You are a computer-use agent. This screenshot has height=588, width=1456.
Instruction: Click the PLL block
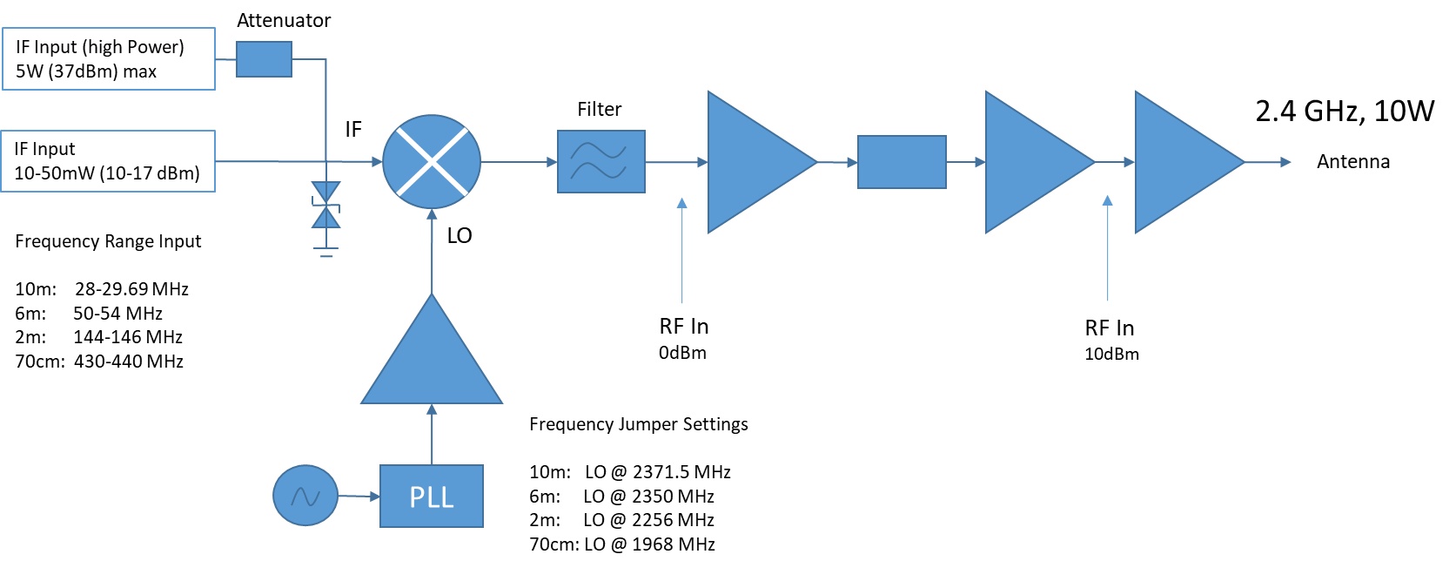pos(431,496)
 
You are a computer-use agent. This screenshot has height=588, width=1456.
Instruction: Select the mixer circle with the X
pos(432,162)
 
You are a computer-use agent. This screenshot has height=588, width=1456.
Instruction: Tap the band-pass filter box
pos(601,162)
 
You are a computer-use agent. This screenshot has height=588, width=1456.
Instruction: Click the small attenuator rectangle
pos(264,59)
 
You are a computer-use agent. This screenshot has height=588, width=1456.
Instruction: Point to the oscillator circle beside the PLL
pos(305,496)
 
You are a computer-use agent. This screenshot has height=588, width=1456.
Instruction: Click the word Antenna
pos(1352,162)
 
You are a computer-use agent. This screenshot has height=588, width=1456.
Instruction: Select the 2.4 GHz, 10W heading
pos(1344,112)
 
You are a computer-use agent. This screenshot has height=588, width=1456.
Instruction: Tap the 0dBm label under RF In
pos(682,353)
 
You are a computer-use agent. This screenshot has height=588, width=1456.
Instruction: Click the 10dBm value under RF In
pos(1111,355)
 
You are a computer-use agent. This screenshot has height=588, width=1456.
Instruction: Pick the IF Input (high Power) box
pos(108,59)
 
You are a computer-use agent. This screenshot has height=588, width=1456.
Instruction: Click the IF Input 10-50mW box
pos(108,161)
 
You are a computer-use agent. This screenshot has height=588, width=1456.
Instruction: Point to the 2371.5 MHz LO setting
pos(681,472)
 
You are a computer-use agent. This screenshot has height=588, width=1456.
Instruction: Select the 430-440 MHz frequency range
pos(129,362)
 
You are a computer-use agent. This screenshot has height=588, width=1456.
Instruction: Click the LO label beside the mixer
pos(460,236)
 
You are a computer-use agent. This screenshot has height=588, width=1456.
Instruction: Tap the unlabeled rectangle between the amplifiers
pos(902,162)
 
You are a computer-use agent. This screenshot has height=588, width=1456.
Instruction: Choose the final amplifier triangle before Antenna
pos(1184,162)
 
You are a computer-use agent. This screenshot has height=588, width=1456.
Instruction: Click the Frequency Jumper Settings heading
pos(638,424)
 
